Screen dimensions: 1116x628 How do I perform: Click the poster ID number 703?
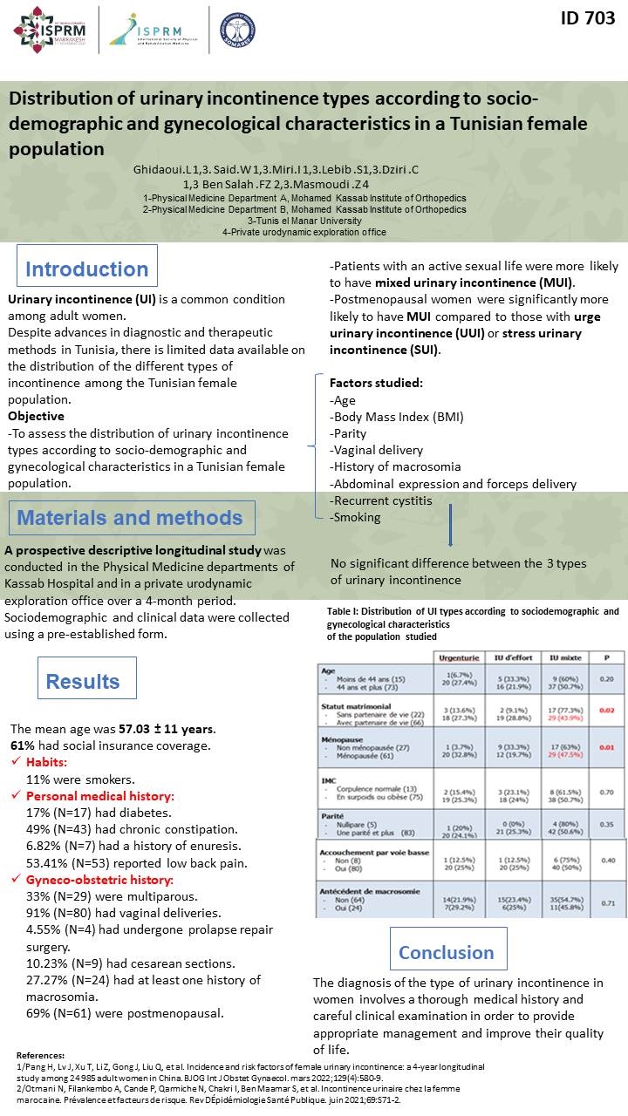[x=587, y=18]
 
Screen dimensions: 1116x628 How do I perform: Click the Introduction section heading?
[x=87, y=269]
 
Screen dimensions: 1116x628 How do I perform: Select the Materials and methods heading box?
[x=132, y=518]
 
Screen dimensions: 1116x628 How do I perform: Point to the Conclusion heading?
[x=447, y=952]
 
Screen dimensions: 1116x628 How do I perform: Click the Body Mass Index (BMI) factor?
[x=396, y=416]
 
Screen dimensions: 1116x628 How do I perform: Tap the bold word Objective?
[x=36, y=416]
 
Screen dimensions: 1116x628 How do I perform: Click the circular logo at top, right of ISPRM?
[x=237, y=29]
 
